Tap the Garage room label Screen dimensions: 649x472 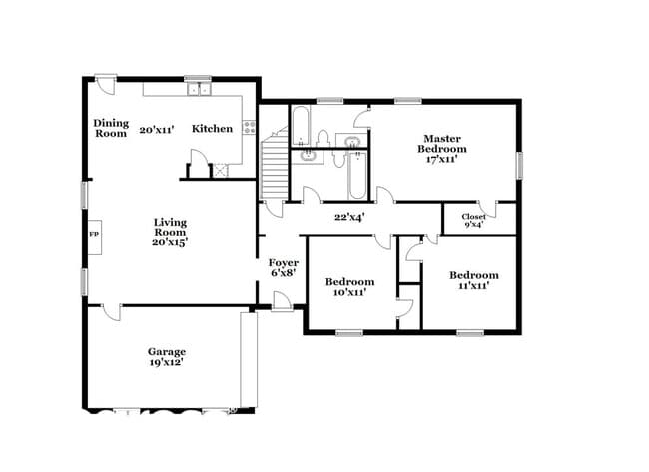[x=167, y=352]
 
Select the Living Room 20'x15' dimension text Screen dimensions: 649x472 [x=170, y=242]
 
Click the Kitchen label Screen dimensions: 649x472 [x=212, y=129]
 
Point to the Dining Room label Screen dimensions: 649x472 [x=111, y=128]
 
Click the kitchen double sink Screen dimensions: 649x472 [x=199, y=89]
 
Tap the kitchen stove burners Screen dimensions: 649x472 [x=250, y=127]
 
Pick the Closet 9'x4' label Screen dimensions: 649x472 [x=474, y=221]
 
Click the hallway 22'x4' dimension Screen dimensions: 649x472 [x=349, y=217]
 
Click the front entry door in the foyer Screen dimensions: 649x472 [x=282, y=301]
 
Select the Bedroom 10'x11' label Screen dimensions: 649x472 [x=349, y=287]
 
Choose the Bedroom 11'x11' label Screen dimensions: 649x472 [x=474, y=280]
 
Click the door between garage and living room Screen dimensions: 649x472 [x=112, y=312]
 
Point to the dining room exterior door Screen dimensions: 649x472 [x=106, y=85]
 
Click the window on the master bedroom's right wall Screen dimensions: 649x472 [x=519, y=165]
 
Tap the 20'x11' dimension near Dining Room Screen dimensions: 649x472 [x=156, y=130]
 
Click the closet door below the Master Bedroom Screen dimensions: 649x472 [x=487, y=209]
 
